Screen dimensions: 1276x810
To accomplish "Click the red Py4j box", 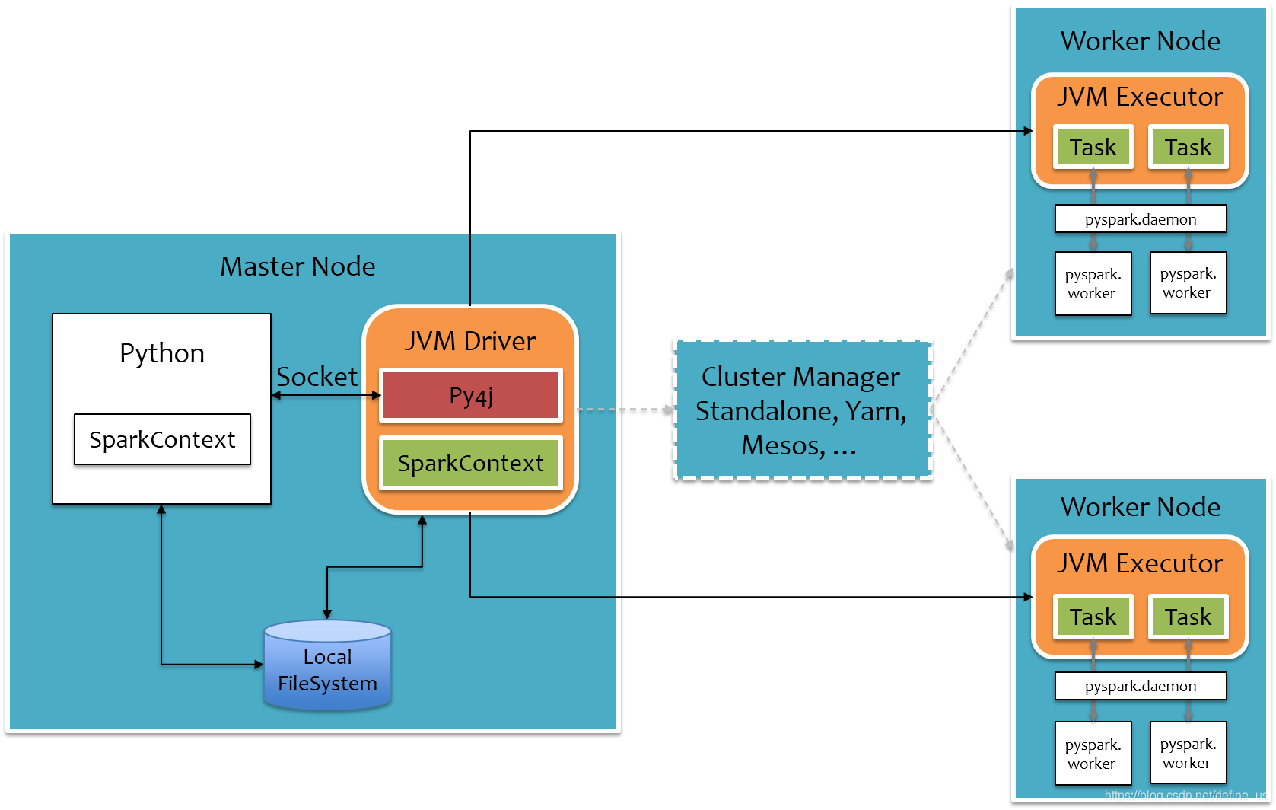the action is [471, 395].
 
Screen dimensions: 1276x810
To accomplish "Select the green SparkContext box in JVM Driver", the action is [471, 463].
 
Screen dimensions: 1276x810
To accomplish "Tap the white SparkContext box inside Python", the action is [162, 439].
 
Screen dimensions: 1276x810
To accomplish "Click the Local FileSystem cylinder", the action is [327, 665].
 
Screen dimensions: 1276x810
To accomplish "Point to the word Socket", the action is [317, 377].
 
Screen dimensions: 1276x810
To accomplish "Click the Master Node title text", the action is [298, 266].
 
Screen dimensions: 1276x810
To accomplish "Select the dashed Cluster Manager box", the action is [802, 410].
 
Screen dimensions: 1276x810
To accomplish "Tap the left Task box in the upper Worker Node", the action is [1093, 147].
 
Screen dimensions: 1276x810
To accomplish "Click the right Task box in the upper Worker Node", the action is [1188, 147].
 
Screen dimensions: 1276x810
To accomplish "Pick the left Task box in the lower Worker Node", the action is [1093, 617].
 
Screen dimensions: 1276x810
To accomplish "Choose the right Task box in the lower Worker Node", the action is [1188, 617].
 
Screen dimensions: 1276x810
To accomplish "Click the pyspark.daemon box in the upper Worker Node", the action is [1141, 219].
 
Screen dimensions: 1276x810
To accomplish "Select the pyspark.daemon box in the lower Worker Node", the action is [1141, 686].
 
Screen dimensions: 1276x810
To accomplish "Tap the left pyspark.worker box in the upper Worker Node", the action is [1093, 283].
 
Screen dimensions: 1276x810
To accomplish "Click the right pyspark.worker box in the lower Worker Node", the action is [1188, 753].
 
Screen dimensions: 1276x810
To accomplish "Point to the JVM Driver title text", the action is [470, 341].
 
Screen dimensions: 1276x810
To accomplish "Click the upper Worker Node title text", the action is [1141, 41].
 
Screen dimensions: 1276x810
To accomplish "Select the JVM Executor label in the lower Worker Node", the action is [1141, 563].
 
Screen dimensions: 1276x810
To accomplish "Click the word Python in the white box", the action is [162, 354].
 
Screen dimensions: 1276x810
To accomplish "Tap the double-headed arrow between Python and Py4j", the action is [326, 395].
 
